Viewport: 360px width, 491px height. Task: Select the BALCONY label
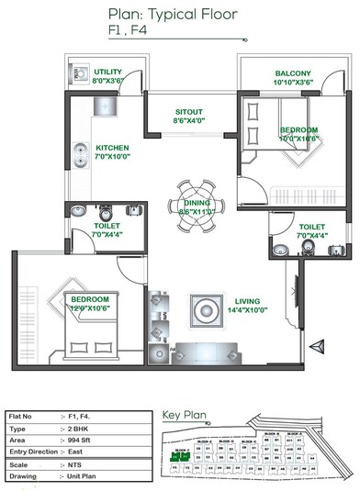[x=292, y=73]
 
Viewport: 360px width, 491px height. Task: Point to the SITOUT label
[x=189, y=113]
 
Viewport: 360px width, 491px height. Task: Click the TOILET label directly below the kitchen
[x=107, y=225]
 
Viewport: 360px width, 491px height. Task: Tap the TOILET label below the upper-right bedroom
[x=311, y=225]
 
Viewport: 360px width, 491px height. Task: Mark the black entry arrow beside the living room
[x=317, y=345]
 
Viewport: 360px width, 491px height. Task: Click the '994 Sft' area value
[x=84, y=440]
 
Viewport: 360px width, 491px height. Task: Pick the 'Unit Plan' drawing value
[x=85, y=475]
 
